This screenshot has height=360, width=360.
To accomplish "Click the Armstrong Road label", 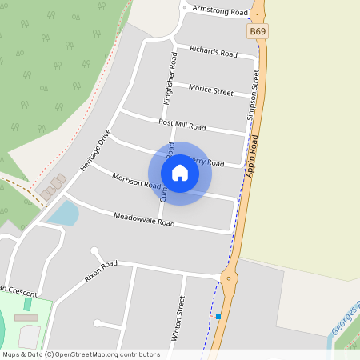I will click(x=220, y=11).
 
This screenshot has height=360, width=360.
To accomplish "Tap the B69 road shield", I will click(x=256, y=31).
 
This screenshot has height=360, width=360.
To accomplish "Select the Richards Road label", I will click(x=214, y=51).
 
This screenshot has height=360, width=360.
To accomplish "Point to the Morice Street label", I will click(x=211, y=90).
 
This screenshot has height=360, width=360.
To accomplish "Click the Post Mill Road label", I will click(x=182, y=126).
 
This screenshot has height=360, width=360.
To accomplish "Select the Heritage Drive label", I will click(x=94, y=150).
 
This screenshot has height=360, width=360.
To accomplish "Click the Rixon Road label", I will click(x=101, y=271).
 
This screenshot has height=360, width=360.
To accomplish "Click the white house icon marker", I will click(x=180, y=173).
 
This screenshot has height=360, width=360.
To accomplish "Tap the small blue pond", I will click(x=63, y=213).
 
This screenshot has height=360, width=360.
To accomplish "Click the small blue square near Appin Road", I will click(x=218, y=317).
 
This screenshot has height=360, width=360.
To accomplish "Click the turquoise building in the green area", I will click(x=27, y=304).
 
